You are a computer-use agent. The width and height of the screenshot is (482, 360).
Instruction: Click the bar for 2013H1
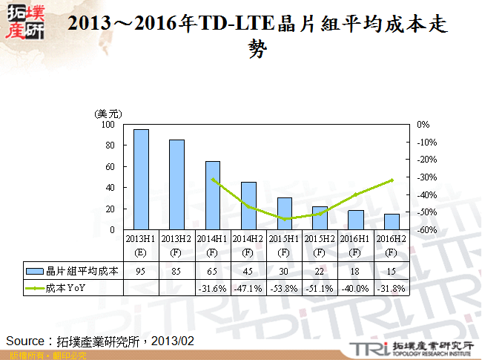click(141, 180)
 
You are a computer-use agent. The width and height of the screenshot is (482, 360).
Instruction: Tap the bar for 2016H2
click(391, 222)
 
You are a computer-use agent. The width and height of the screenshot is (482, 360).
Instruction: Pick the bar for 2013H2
click(176, 185)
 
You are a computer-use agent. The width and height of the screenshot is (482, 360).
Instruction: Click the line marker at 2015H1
click(284, 219)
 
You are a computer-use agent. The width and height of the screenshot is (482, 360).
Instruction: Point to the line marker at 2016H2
click(392, 180)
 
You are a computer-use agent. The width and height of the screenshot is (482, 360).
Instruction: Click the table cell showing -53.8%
click(284, 288)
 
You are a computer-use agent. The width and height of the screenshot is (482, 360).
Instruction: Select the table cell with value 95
click(141, 271)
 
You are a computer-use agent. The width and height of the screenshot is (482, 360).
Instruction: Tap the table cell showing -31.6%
click(212, 288)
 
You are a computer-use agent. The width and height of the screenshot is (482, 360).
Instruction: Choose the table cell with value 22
click(320, 271)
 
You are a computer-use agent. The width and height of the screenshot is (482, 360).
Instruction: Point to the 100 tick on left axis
click(108, 125)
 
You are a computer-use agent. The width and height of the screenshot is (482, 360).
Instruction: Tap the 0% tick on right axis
click(423, 125)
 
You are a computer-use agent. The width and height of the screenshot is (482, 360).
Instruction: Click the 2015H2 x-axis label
click(320, 239)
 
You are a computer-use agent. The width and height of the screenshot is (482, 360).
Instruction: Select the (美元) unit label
click(107, 114)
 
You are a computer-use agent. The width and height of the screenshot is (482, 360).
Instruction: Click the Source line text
click(100, 340)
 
